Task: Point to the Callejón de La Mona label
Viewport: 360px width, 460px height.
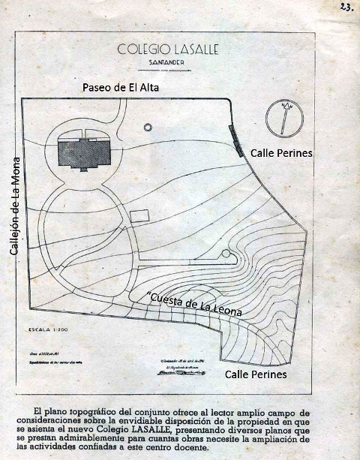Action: pyautogui.click(x=14, y=205)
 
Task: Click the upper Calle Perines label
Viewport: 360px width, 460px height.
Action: pyautogui.click(x=280, y=152)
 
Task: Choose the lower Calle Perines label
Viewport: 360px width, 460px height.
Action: pyautogui.click(x=257, y=373)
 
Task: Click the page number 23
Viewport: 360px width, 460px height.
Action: pyautogui.click(x=346, y=8)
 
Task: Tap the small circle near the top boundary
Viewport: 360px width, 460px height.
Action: pyautogui.click(x=148, y=127)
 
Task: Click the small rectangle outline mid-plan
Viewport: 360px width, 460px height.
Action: pyautogui.click(x=139, y=216)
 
